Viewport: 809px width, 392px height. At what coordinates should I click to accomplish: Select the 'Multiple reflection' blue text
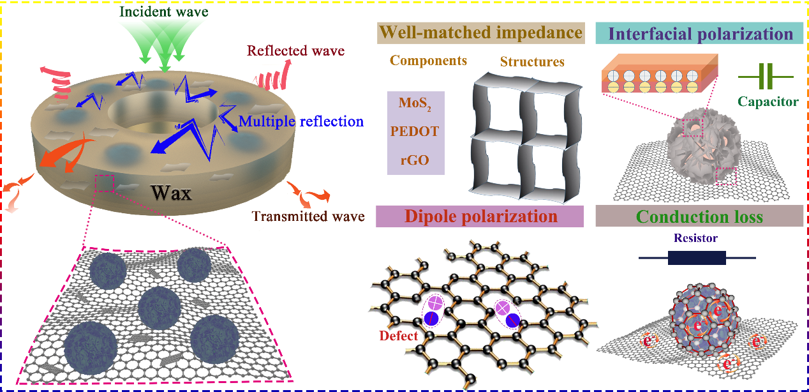click(x=301, y=121)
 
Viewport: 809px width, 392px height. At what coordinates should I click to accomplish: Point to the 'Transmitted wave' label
click(x=308, y=216)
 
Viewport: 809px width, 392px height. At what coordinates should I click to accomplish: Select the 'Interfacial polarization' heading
click(x=698, y=34)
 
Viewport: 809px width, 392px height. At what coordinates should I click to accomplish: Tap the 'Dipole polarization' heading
click(x=480, y=216)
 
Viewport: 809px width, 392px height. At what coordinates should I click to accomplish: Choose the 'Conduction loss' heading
click(x=699, y=217)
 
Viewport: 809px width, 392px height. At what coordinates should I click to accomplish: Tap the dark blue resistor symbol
click(x=697, y=258)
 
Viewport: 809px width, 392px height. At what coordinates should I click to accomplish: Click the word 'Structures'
click(x=532, y=62)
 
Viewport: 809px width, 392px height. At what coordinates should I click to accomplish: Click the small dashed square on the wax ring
click(x=104, y=184)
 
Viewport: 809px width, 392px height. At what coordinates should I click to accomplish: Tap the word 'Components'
click(x=428, y=61)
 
